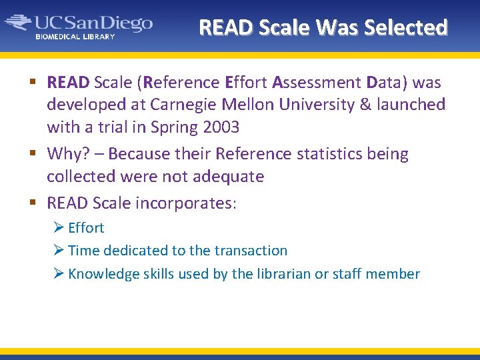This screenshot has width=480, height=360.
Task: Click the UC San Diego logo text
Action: (x=93, y=24)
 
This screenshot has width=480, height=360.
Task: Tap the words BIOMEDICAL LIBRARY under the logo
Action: (x=75, y=37)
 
